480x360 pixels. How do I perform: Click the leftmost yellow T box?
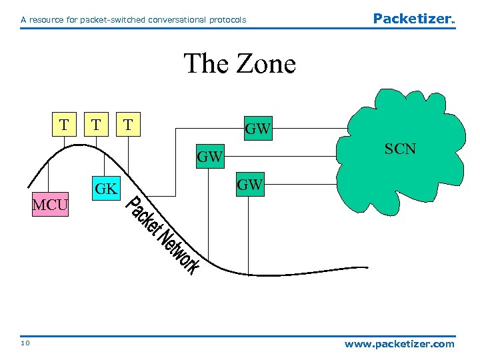click(x=63, y=125)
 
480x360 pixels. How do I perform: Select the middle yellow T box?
click(x=97, y=125)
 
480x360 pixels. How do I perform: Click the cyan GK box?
click(x=107, y=189)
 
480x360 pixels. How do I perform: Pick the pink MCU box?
click(x=51, y=205)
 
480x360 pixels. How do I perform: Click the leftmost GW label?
click(x=209, y=157)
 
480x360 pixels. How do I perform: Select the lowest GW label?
click(x=250, y=185)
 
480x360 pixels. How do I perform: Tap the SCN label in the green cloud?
click(x=401, y=149)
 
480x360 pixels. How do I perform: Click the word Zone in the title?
click(x=264, y=64)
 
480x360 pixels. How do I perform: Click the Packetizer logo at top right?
click(x=413, y=19)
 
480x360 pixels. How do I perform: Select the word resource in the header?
click(x=50, y=20)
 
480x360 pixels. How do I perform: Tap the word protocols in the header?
click(x=225, y=20)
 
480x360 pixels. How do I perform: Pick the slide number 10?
click(x=25, y=344)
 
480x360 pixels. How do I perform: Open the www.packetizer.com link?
click(x=399, y=344)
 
